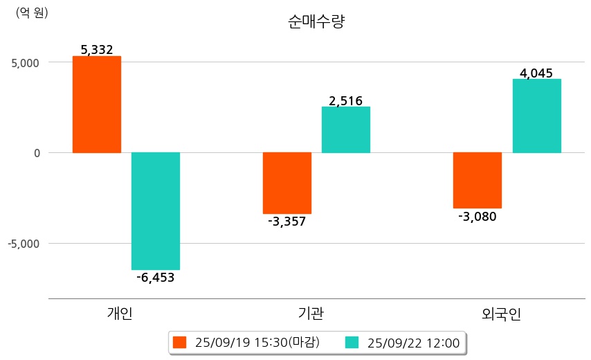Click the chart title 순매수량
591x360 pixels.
(316, 21)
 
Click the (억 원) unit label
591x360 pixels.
(32, 12)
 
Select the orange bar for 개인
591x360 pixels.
(97, 105)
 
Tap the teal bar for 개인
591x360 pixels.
(156, 210)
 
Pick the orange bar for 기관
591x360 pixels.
(287, 183)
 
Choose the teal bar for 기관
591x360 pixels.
(346, 129)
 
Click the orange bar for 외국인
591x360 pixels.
(478, 180)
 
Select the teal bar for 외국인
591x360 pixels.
(537, 116)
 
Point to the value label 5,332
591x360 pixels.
(97, 50)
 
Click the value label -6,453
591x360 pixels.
(156, 278)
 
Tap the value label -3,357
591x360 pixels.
(287, 222)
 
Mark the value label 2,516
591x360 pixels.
(346, 101)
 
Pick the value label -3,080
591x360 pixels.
(478, 216)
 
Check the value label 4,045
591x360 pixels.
(536, 73)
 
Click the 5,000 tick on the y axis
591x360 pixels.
(26, 62)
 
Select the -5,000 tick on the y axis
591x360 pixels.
(24, 244)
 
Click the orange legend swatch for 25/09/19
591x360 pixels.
(180, 342)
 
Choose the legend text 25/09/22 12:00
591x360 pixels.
(414, 342)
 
